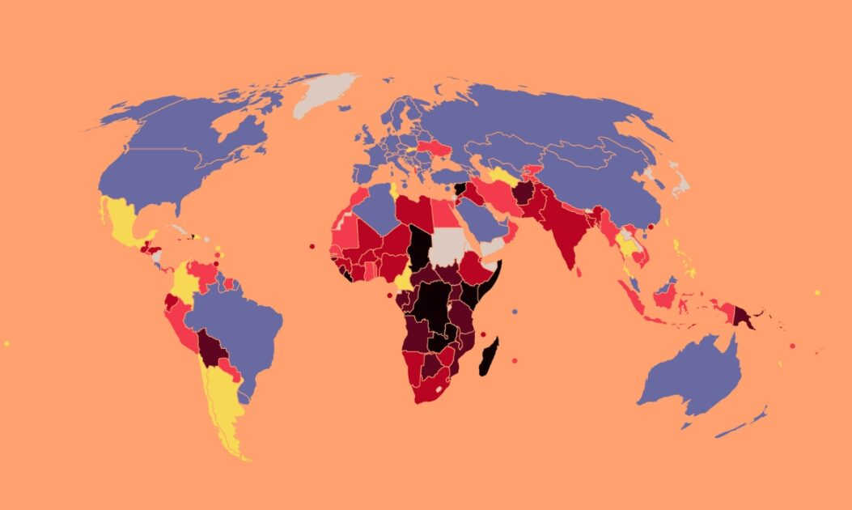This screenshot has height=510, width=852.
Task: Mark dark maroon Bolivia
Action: coord(212,350)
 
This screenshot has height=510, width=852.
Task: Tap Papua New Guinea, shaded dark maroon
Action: coord(743,317)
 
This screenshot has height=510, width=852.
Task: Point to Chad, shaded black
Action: coord(418,247)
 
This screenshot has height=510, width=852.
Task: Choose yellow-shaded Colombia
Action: coord(184,283)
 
